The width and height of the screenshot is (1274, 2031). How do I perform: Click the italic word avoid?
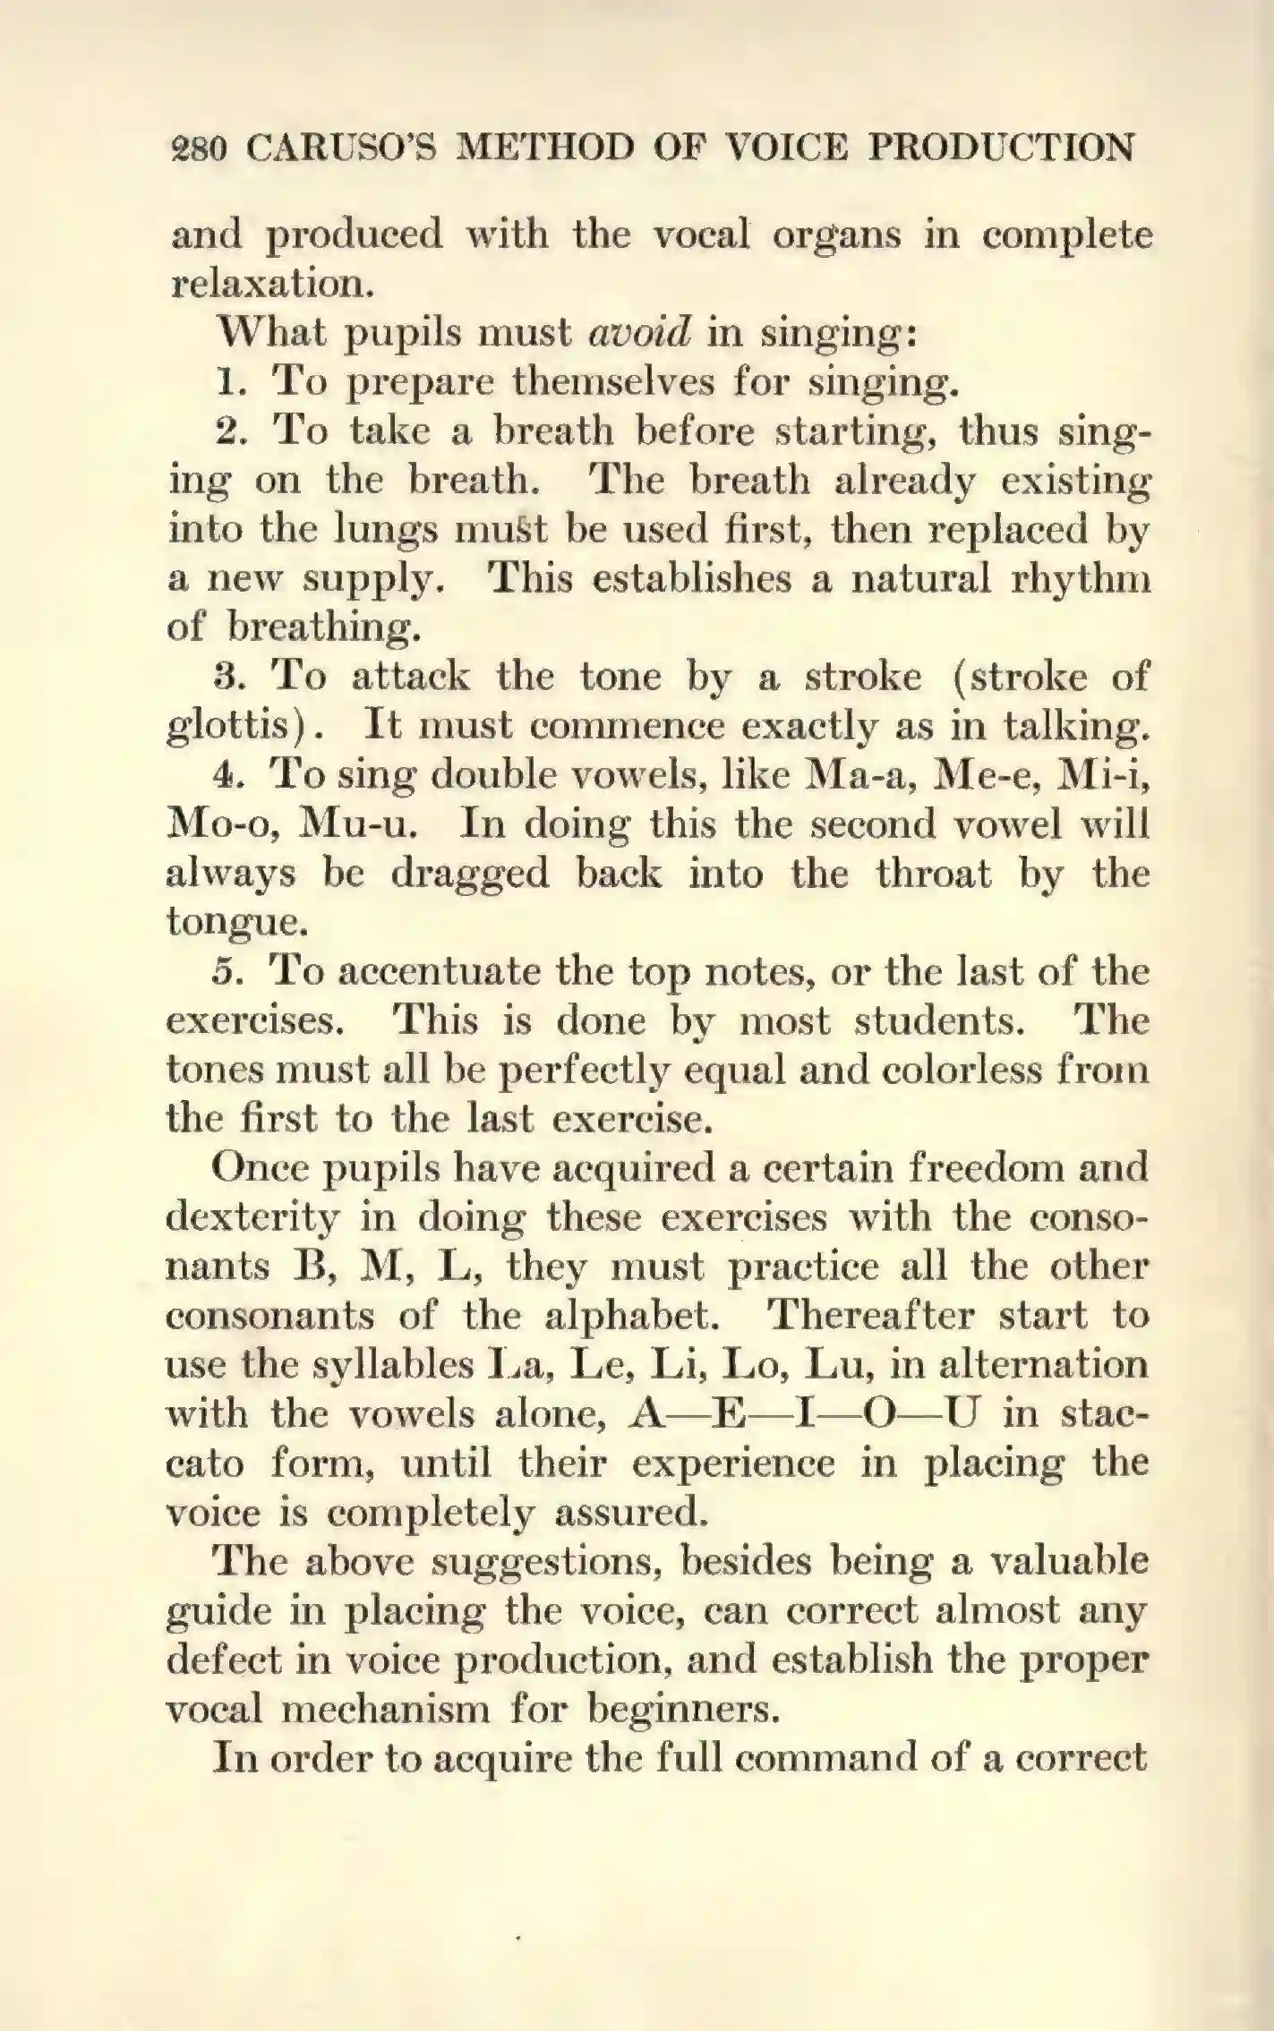pyautogui.click(x=639, y=333)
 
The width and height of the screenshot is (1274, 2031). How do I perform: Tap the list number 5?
pyautogui.click(x=225, y=971)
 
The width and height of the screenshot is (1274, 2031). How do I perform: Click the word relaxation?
pyautogui.click(x=269, y=284)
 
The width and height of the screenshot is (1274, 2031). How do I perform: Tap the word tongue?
pyautogui.click(x=238, y=922)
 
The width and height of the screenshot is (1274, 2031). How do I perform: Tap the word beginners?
pyautogui.click(x=680, y=1709)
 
